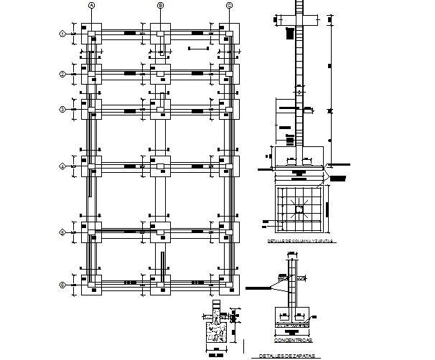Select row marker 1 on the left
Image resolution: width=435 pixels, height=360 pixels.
coord(62,34)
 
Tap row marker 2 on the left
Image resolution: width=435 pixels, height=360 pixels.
coord(62,74)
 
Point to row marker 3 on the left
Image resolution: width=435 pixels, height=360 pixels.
coord(62,109)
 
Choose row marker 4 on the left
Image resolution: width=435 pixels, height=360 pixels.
coord(62,166)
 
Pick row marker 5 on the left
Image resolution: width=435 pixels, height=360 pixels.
coord(62,232)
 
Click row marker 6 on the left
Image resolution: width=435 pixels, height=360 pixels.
coord(62,285)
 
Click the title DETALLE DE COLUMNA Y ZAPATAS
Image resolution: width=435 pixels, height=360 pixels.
coord(300,242)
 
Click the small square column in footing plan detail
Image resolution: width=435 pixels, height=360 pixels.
coord(299,209)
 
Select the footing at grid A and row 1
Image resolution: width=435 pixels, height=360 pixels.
coord(92,34)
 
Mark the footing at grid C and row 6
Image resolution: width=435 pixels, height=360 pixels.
coord(229,285)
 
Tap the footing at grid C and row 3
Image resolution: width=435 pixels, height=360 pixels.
coord(229,109)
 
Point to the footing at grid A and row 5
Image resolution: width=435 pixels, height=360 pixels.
coord(92,232)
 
